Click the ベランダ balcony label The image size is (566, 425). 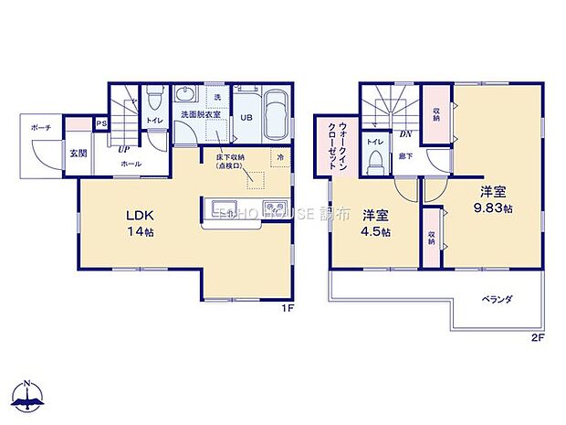tap(497, 299)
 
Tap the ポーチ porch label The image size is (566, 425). tap(40, 128)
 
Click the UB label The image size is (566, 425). tap(246, 117)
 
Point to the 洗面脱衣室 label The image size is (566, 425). tap(196, 116)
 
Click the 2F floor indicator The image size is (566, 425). tap(537, 337)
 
